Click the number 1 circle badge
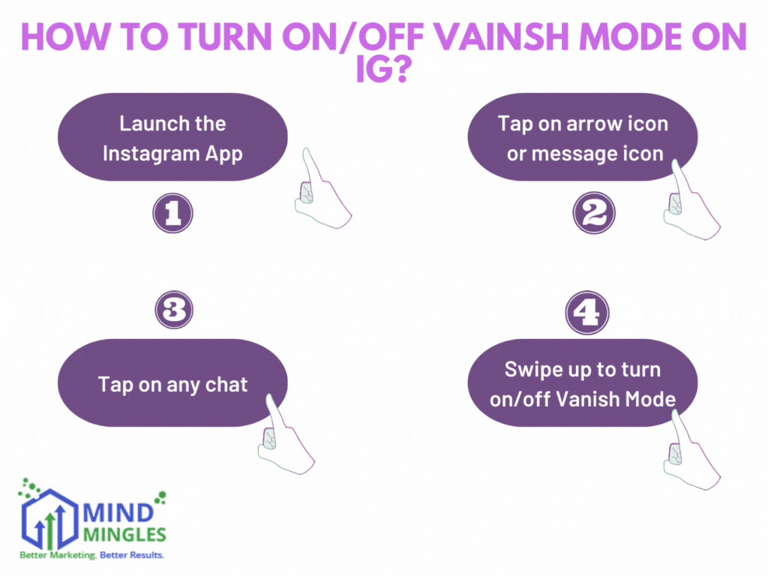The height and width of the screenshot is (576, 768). pyautogui.click(x=172, y=214)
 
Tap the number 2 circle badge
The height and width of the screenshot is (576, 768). pyautogui.click(x=594, y=214)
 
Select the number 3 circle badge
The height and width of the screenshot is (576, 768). pyautogui.click(x=173, y=310)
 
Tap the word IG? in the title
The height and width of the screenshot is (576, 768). pyautogui.click(x=383, y=73)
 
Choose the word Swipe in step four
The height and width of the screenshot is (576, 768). pyautogui.click(x=532, y=369)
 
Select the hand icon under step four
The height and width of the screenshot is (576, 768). pyautogui.click(x=690, y=450)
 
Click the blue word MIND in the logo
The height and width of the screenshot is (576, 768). pyautogui.click(x=116, y=515)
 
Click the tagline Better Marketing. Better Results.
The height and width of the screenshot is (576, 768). pyautogui.click(x=91, y=556)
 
